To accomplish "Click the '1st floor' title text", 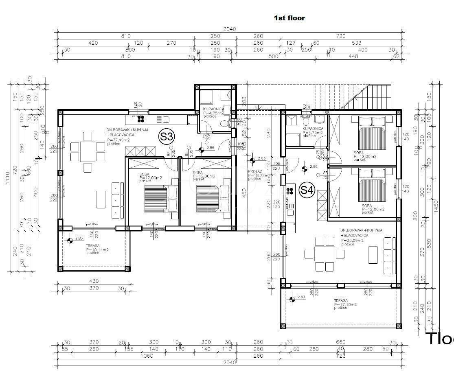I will pyautogui.click(x=290, y=18).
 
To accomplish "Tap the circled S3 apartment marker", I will pyautogui.click(x=167, y=137).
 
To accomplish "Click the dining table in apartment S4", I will pyautogui.click(x=325, y=254).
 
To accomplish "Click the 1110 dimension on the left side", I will pyautogui.click(x=7, y=179).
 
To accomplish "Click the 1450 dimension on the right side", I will pyautogui.click(x=436, y=206).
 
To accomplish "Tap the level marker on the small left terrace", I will pyautogui.click(x=70, y=241).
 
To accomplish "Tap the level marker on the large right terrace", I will pyautogui.click(x=292, y=300).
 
